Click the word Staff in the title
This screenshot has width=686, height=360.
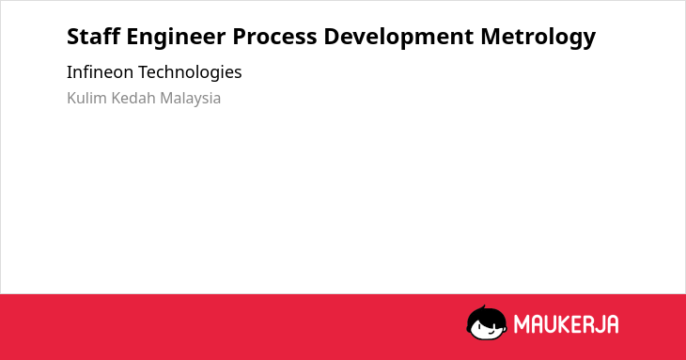pyautogui.click(x=93, y=36)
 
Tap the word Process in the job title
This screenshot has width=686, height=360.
pyautogui.click(x=274, y=37)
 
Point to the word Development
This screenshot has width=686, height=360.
pyautogui.click(x=398, y=37)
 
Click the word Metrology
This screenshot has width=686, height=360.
pyautogui.click(x=538, y=37)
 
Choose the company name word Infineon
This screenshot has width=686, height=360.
pyautogui.click(x=100, y=71)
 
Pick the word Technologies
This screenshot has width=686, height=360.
pyautogui.click(x=190, y=72)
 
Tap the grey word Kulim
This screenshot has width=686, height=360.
pyautogui.click(x=86, y=98)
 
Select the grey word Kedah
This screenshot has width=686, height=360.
pyautogui.click(x=133, y=98)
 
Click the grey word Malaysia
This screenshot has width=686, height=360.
pyautogui.click(x=191, y=99)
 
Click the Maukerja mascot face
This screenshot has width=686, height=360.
pyautogui.click(x=487, y=323)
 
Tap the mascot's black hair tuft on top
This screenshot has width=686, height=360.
pyautogui.click(x=483, y=307)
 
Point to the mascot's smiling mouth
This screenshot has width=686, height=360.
pyautogui.click(x=491, y=332)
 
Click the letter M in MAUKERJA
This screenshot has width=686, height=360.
pyautogui.click(x=521, y=324)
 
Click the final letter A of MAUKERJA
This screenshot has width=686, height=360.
pyautogui.click(x=612, y=324)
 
